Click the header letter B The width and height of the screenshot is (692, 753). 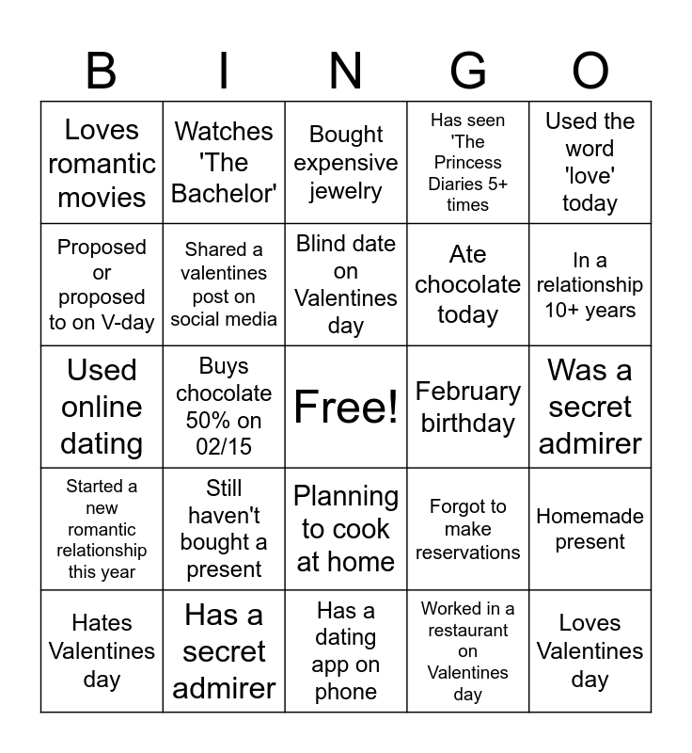click(x=102, y=70)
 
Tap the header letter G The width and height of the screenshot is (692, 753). click(x=468, y=70)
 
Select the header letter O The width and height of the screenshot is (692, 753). click(x=590, y=70)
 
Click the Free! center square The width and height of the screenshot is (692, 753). click(x=346, y=407)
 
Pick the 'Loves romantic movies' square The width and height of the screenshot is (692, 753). click(x=102, y=163)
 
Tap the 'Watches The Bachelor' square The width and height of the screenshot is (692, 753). click(x=224, y=163)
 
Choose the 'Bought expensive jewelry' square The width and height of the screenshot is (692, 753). click(x=346, y=163)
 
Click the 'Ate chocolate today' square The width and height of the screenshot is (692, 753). click(x=468, y=284)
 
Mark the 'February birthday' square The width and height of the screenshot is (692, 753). click(x=468, y=407)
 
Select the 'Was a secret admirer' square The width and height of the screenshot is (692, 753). click(x=590, y=407)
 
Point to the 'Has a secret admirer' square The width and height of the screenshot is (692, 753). click(x=224, y=651)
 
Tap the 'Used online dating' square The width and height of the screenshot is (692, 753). click(x=102, y=407)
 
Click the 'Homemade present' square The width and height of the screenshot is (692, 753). click(x=590, y=529)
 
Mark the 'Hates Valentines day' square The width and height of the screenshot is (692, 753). click(x=102, y=651)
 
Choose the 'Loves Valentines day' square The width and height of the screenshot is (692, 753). click(x=590, y=651)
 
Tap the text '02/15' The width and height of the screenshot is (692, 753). click(x=224, y=446)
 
